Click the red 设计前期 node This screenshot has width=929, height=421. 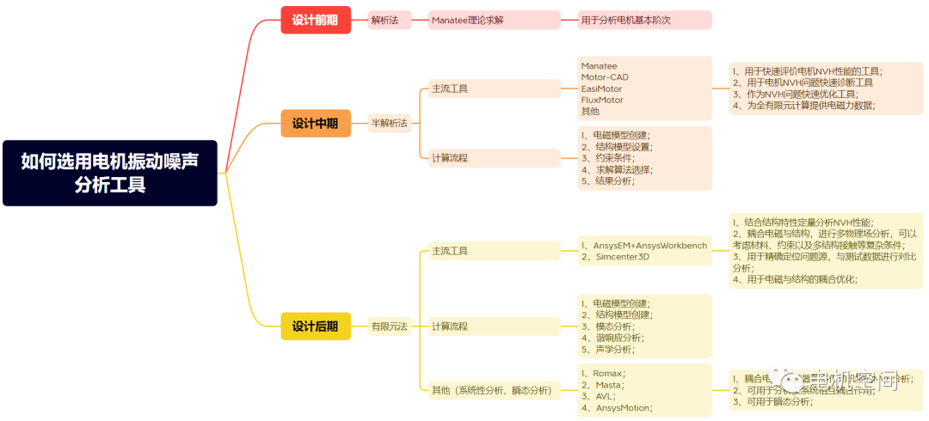pos(315,20)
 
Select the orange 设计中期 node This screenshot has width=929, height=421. pos(315,123)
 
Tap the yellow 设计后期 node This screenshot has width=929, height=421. pos(315,326)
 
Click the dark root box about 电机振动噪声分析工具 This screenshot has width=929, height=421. pos(109,173)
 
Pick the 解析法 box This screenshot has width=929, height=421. pos(385,20)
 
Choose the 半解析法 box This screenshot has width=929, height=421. pos(389,123)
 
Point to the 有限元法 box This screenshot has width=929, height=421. pos(389,326)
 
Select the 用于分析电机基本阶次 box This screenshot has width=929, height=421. pos(644,20)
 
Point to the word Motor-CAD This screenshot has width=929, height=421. pos(605,77)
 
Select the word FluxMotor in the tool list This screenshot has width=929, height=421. pos(602,100)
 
